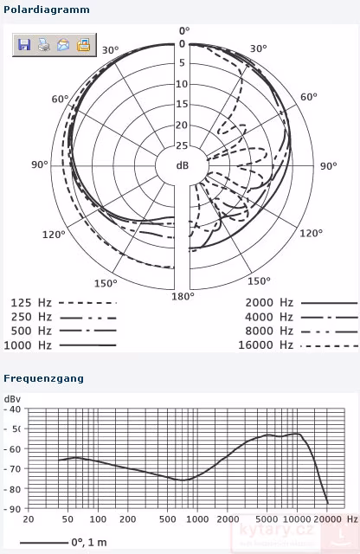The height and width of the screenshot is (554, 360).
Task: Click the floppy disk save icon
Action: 24,45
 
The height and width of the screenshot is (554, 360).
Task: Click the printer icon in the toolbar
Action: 43,45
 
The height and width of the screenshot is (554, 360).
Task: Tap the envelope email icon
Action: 63,45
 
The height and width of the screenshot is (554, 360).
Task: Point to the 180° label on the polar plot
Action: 182,296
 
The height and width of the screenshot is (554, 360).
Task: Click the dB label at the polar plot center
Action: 183,164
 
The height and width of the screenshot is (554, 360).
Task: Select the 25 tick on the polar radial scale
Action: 182,145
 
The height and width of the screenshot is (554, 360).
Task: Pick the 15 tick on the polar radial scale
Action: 182,104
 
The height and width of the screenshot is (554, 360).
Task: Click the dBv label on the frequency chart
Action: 12,398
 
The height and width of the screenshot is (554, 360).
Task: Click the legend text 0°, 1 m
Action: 90,542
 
